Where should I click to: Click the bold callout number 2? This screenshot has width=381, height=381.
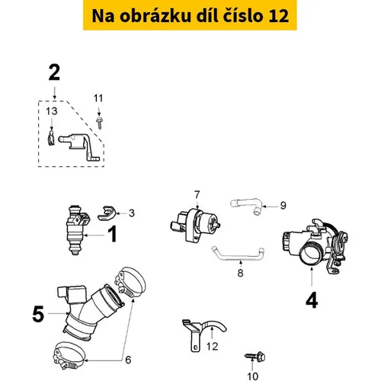54,72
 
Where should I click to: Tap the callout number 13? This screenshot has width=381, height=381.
52,111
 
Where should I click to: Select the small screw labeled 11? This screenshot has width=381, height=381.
99,123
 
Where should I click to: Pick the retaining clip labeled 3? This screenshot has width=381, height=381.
107,213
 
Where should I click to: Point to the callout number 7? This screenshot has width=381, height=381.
197,195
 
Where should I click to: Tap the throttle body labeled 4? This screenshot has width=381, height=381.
315,247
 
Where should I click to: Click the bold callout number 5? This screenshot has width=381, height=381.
38,314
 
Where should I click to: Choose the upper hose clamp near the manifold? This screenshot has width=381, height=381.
130,282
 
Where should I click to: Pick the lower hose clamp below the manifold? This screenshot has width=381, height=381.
69,355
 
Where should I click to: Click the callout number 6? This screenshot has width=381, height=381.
128,360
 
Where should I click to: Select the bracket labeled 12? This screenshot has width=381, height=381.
196,330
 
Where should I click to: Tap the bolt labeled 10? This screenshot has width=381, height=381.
255,357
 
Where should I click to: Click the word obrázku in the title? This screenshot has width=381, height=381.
155,16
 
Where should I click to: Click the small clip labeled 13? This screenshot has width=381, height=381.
51,139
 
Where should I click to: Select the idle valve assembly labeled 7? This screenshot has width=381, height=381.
195,225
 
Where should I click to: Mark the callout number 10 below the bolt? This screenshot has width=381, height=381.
252,376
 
